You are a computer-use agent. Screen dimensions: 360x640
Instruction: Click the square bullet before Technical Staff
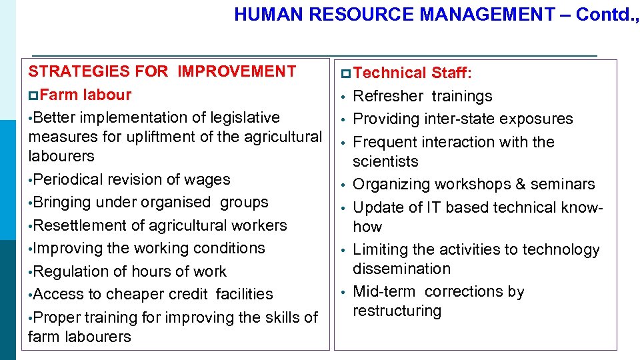coord(344,73)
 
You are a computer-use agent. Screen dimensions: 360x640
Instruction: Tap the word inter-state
coord(461,119)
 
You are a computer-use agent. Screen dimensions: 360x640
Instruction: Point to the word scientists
coord(385,161)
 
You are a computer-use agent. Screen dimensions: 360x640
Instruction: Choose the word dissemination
coord(401,269)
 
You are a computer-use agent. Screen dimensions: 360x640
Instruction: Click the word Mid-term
coord(384,291)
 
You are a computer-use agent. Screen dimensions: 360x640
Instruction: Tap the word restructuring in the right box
coord(397,311)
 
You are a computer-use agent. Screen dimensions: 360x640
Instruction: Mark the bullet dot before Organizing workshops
coord(341,185)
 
